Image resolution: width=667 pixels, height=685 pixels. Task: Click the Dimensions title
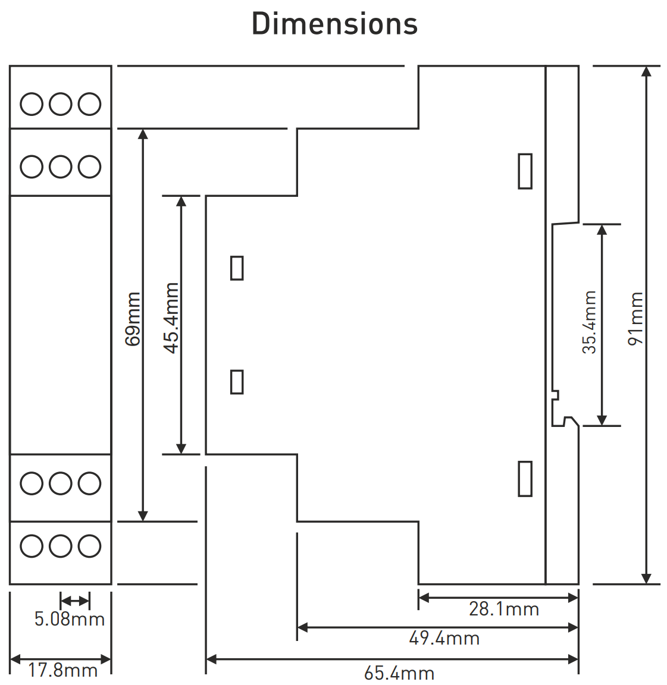tap(334, 24)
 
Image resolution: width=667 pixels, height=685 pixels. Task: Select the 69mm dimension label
tap(133, 319)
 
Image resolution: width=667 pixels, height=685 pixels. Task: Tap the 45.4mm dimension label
tap(171, 318)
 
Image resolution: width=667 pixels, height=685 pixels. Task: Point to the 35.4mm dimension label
tap(589, 322)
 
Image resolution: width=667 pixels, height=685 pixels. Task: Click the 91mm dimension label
tap(636, 319)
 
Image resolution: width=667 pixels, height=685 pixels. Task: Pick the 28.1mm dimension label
tap(504, 609)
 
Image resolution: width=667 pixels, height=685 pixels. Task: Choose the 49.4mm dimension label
tap(444, 639)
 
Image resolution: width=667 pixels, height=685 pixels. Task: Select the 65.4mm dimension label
tap(399, 673)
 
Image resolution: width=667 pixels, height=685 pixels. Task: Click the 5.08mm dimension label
tap(69, 619)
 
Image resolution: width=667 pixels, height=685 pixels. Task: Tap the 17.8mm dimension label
tap(62, 671)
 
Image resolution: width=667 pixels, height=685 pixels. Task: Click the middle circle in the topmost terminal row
tap(61, 104)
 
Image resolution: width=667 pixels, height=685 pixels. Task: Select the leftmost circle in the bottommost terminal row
tap(32, 546)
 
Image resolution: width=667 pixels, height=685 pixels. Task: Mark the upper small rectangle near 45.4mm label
tap(237, 268)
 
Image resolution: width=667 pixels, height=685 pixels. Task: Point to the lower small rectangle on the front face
tap(237, 382)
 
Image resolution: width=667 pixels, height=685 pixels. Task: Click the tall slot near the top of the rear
tap(525, 171)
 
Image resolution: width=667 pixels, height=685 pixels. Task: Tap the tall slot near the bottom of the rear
tap(525, 479)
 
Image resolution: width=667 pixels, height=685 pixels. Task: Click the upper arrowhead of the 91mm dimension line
tap(647, 72)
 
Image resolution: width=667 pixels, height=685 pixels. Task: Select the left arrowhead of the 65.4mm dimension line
tap(211, 659)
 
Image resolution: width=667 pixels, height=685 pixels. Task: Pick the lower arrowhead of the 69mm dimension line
tap(143, 516)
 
